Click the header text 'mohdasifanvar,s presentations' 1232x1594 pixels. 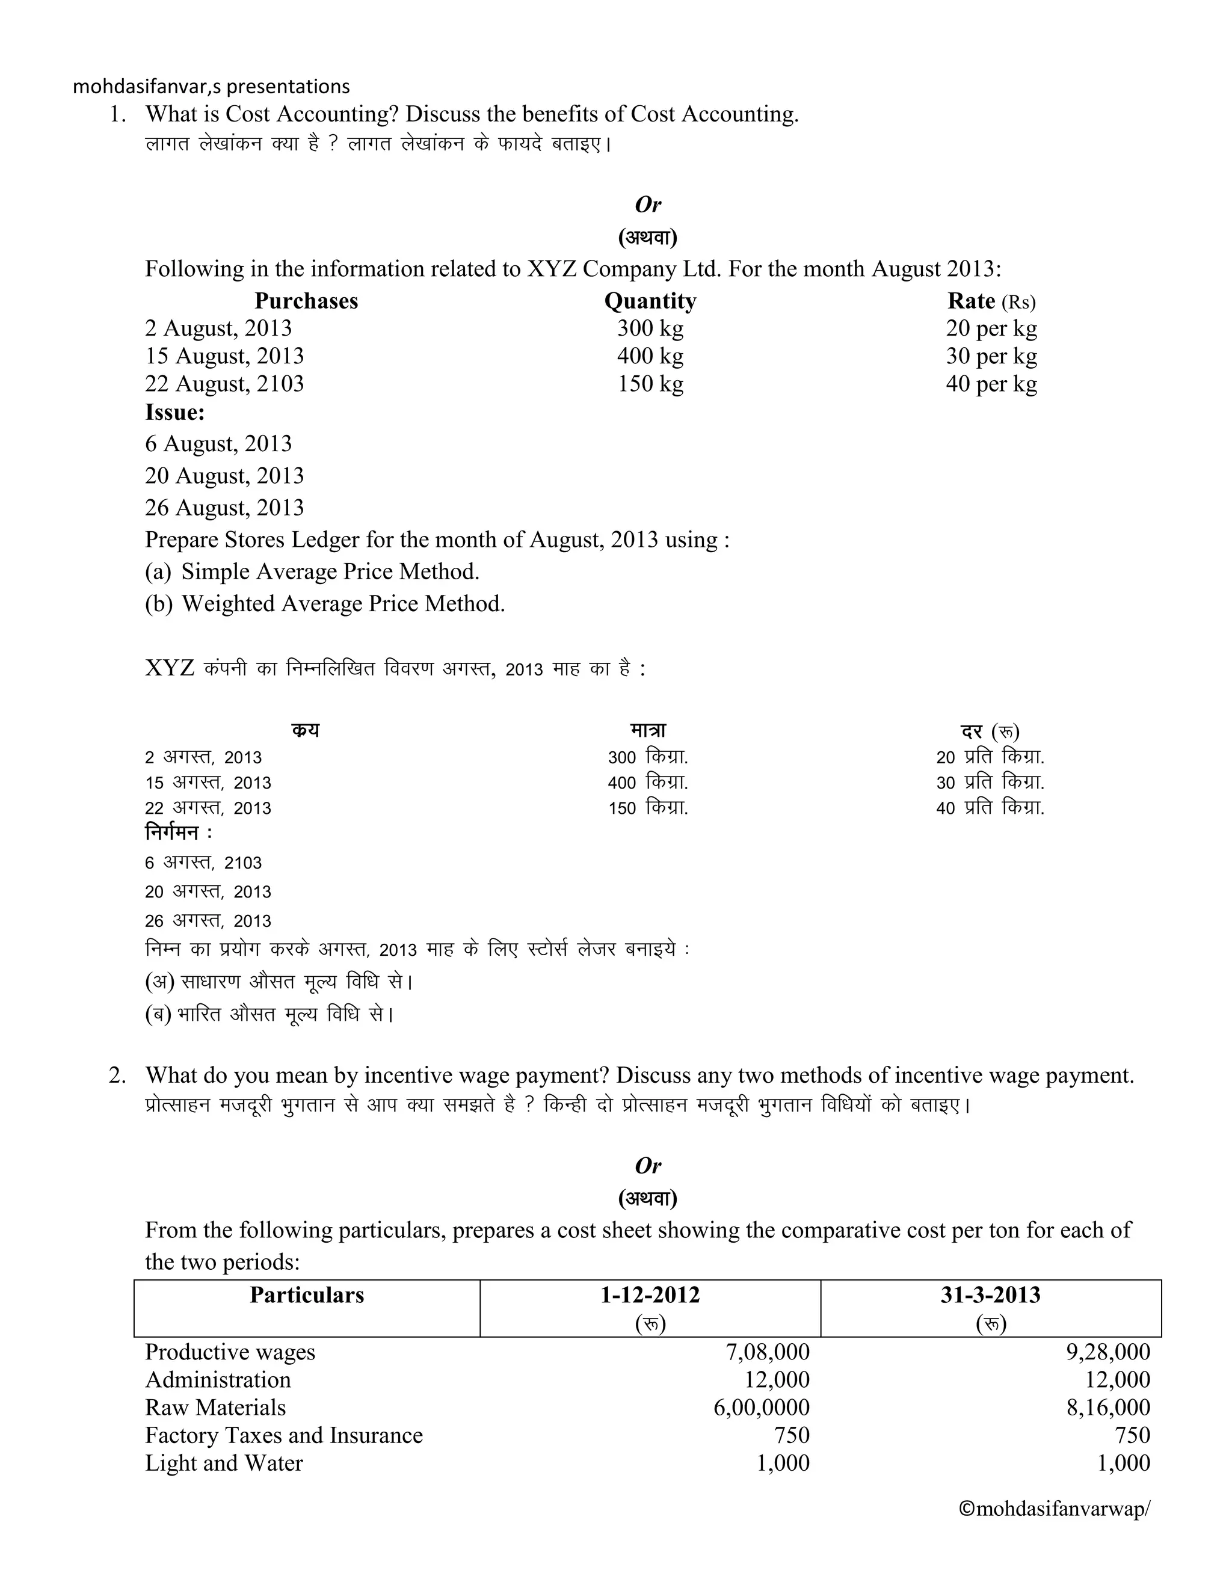point(211,87)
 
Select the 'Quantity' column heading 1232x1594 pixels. point(650,301)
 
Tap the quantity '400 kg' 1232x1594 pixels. point(650,356)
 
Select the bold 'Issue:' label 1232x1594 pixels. point(174,413)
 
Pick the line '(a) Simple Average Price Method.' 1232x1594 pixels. point(312,571)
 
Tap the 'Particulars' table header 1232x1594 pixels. point(307,1295)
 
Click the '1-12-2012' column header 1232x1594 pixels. point(650,1295)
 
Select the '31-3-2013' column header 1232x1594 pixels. point(990,1295)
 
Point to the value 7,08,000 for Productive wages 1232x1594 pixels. point(767,1352)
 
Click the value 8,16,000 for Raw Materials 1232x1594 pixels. point(1108,1407)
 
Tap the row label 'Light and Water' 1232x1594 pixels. point(223,1463)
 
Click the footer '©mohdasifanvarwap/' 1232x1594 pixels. point(1053,1509)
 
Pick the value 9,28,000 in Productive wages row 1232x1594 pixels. point(1108,1352)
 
